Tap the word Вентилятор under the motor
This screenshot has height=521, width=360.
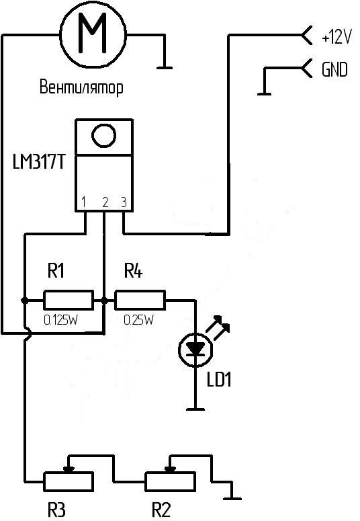(x=81, y=87)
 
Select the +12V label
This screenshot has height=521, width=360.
(x=336, y=37)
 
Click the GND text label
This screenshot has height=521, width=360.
(x=334, y=69)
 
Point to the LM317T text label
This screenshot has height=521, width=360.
(x=38, y=163)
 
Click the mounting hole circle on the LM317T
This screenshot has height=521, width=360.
(x=103, y=136)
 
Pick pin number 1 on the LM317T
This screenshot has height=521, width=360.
(x=84, y=202)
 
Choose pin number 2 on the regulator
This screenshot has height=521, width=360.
(x=105, y=202)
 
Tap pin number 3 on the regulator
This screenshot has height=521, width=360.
(x=124, y=202)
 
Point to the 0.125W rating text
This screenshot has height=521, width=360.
(x=60, y=320)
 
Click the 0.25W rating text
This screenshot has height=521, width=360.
(x=138, y=320)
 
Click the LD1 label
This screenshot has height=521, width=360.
(x=219, y=379)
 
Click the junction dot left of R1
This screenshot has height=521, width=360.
(x=24, y=300)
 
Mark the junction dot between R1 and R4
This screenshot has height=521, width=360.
(x=104, y=300)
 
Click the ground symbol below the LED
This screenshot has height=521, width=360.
(x=195, y=409)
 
